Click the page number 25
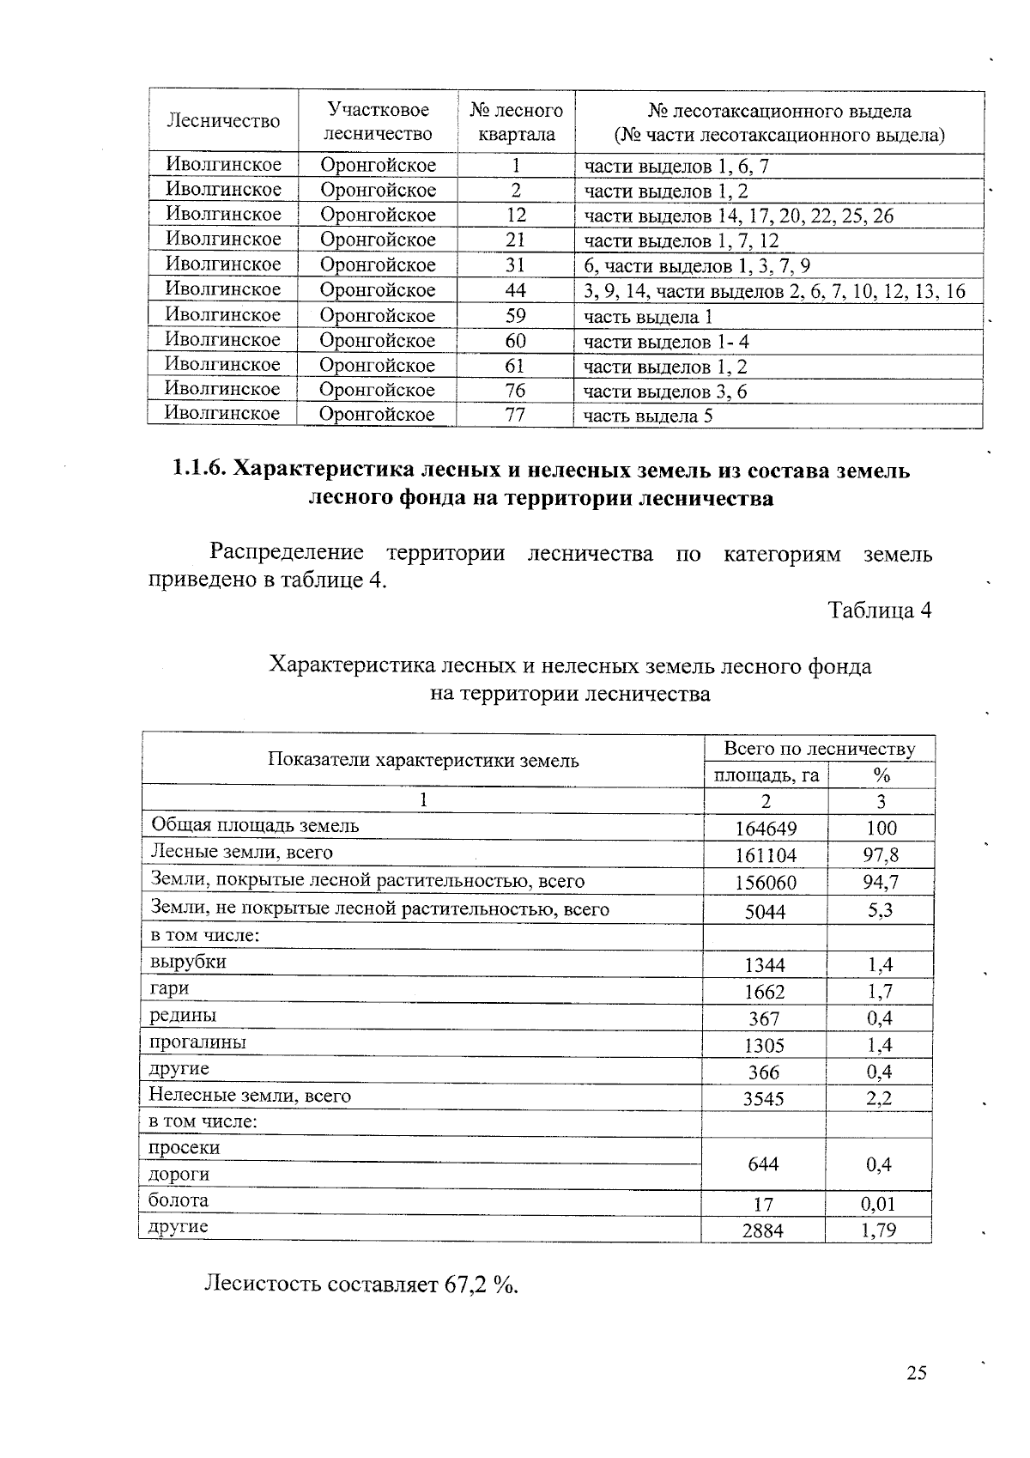(916, 1373)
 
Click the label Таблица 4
(879, 611)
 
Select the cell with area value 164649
(766, 829)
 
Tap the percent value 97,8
(881, 855)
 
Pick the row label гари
(169, 988)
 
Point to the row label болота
(179, 1200)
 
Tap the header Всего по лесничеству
(819, 749)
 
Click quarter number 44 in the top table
(516, 290)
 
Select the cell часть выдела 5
(648, 417)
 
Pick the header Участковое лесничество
(377, 122)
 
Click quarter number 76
(515, 391)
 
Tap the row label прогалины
(197, 1042)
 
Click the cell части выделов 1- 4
(666, 342)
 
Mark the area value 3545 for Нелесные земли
(763, 1098)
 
